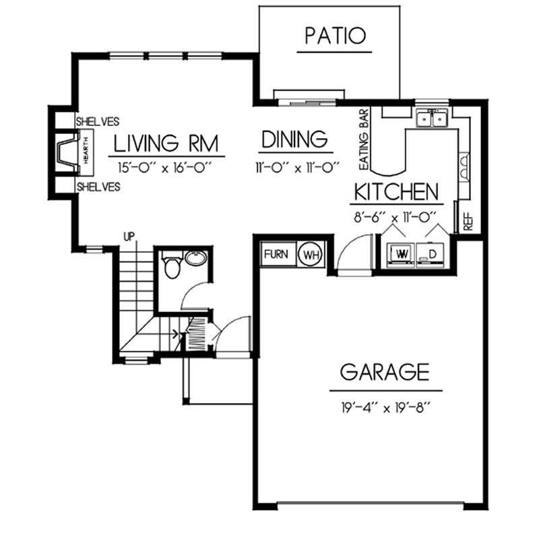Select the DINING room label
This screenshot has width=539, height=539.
click(x=294, y=139)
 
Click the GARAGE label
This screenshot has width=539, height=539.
click(x=384, y=371)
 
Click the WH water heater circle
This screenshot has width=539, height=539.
click(x=311, y=255)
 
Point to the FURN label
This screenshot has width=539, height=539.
click(x=276, y=255)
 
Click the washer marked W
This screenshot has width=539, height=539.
click(x=402, y=253)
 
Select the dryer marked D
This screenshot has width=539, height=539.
click(x=432, y=253)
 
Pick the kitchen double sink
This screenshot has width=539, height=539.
click(x=433, y=119)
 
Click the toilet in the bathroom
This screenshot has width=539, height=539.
click(x=172, y=267)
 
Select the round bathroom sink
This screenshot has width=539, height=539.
click(x=196, y=258)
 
